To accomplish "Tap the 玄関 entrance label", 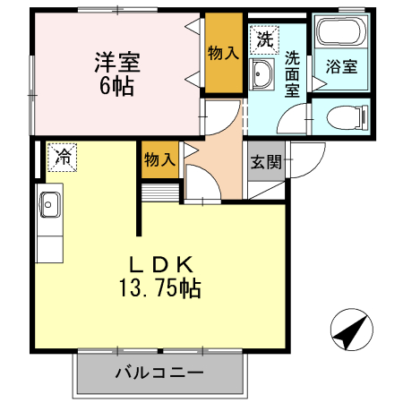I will tap(265, 162).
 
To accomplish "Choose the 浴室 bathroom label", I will tap(340, 66).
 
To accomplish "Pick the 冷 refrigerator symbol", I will tap(62, 157).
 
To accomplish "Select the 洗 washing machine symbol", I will tap(264, 39).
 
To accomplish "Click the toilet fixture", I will tap(344, 116).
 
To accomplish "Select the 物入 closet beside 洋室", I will tap(223, 53).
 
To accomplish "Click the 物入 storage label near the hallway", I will tap(159, 160).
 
